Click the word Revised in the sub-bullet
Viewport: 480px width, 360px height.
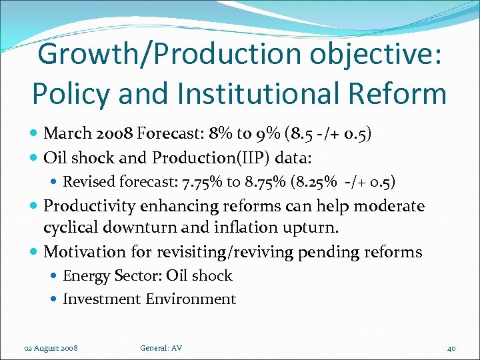pos(90,181)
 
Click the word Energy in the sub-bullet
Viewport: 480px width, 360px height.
pos(83,276)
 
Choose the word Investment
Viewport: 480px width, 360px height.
pos(99,299)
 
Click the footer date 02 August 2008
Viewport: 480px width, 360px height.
pos(51,348)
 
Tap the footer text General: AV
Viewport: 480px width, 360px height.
pos(161,348)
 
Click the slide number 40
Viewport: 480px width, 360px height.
pos(451,348)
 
